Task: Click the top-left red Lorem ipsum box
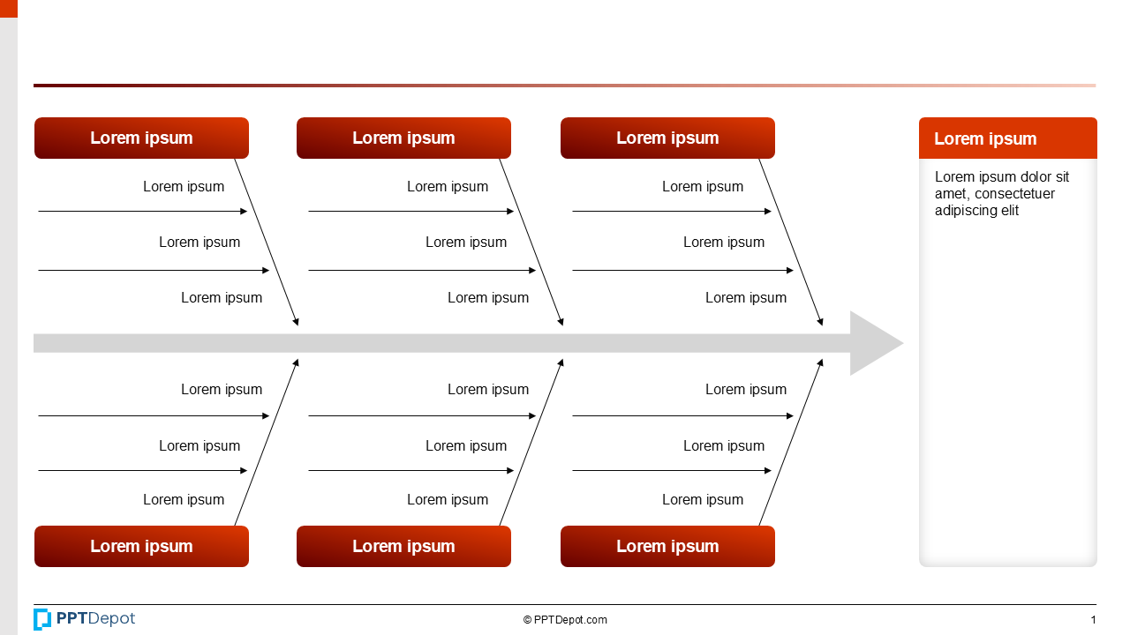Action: pos(141,138)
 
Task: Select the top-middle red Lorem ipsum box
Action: pos(403,138)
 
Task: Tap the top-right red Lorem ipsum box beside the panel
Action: pos(667,138)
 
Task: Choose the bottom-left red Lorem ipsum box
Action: pos(141,547)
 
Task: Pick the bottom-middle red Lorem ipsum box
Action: pos(403,547)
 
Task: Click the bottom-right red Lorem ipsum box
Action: pos(667,547)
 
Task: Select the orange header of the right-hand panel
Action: pos(1007,138)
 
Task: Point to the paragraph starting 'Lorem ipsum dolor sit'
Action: pos(1001,193)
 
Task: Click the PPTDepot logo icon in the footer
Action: pos(42,619)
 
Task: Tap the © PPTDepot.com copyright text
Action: pos(565,620)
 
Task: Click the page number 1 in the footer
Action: pos(1093,620)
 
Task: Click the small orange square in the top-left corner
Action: pos(8,8)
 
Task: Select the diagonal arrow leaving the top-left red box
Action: pos(267,243)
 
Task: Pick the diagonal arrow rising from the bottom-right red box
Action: pos(791,442)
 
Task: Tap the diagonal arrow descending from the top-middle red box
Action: pos(531,243)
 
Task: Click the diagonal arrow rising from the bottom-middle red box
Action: pos(531,442)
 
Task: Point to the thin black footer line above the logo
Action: pos(565,604)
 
